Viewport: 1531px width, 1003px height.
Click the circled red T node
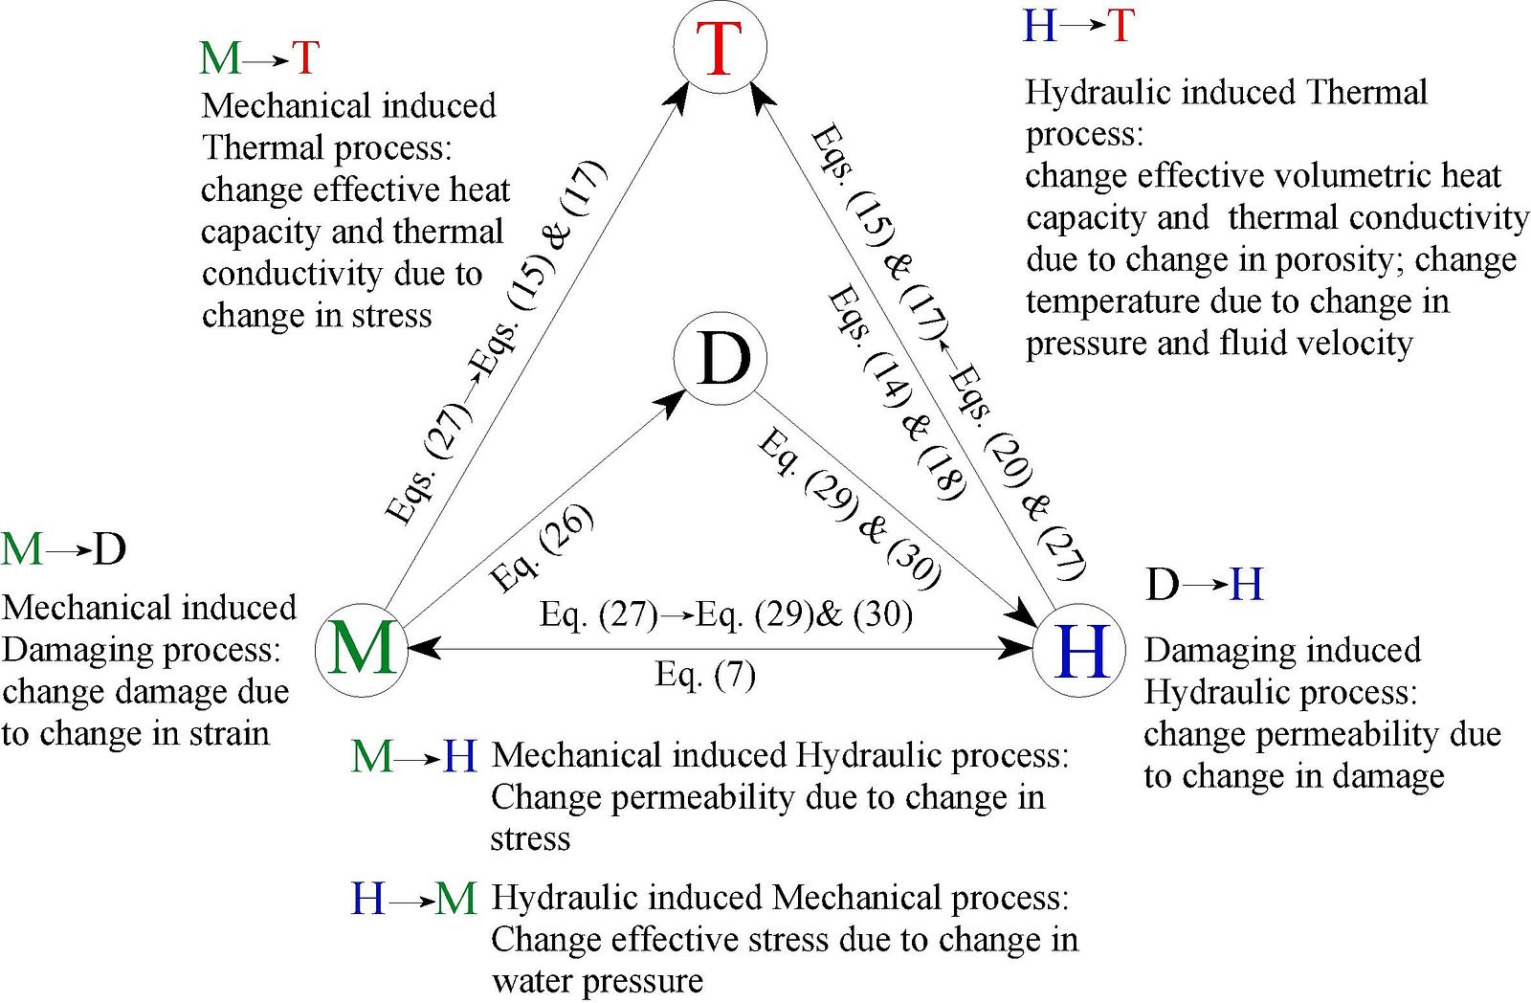[x=720, y=47]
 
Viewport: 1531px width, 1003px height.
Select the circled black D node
[x=721, y=359]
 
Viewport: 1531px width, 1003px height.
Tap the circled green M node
[x=362, y=650]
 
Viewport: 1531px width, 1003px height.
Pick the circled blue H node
[x=1079, y=650]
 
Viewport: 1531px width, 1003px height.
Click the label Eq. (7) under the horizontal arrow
[x=705, y=676]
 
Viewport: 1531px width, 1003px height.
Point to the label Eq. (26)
[x=542, y=548]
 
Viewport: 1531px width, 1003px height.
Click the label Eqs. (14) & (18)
[x=897, y=393]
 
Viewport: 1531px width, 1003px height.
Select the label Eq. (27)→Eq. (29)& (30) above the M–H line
[x=726, y=614]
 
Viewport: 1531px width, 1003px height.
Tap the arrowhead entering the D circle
[x=673, y=403]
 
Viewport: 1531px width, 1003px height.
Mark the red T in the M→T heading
[x=305, y=57]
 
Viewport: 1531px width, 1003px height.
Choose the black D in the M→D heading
[x=109, y=549]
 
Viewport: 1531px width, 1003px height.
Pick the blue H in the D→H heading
[x=1246, y=585]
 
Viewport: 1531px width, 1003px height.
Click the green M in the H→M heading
[x=455, y=899]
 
